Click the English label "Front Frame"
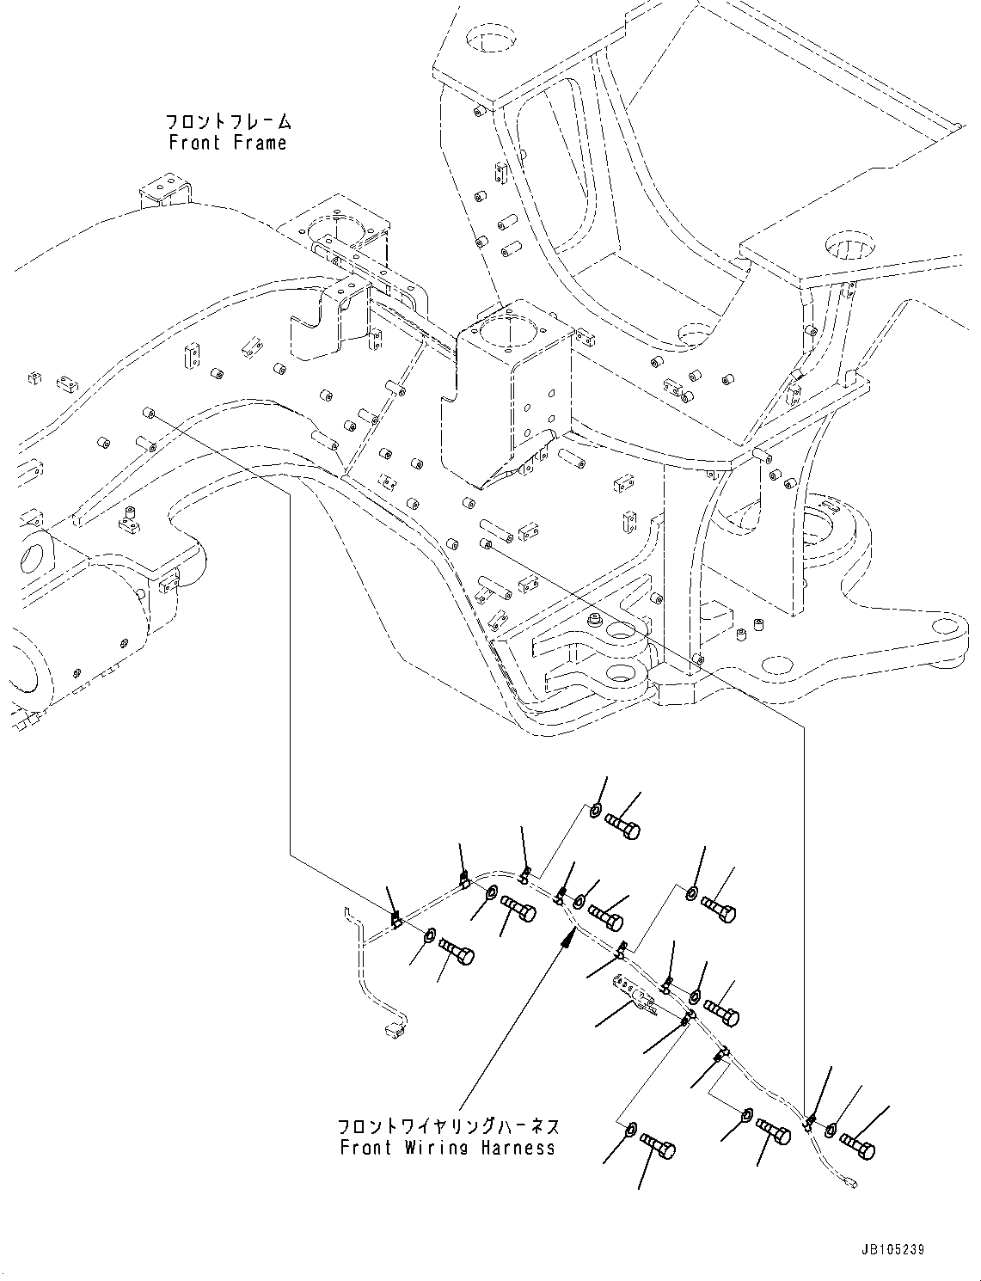(x=228, y=143)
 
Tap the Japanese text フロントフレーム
(x=228, y=121)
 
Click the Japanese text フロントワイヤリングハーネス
(x=448, y=1125)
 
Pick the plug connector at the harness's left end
(x=395, y=1027)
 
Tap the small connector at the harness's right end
(x=851, y=1185)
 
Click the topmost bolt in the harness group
(x=622, y=826)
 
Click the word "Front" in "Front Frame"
(x=195, y=143)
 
